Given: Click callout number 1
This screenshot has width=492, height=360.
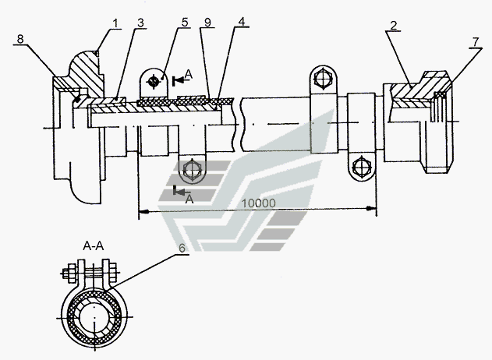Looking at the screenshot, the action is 115,23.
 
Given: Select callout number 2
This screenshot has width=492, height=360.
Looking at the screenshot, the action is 394,26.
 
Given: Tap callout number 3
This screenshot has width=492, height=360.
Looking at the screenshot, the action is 140,23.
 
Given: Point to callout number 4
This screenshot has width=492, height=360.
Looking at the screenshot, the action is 241,22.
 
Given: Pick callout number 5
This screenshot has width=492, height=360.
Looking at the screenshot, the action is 185,23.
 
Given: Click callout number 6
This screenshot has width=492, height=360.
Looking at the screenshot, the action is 182,248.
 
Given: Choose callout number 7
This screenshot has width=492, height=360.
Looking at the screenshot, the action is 476,42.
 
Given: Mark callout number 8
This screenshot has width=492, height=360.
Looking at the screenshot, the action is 20,39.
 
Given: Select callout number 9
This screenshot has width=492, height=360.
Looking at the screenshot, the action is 207,23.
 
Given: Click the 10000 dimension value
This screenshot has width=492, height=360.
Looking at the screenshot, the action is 259,203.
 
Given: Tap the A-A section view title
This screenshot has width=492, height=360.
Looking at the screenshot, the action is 94,246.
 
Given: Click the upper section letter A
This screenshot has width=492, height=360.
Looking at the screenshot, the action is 188,74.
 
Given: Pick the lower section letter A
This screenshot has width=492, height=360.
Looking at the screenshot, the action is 189,199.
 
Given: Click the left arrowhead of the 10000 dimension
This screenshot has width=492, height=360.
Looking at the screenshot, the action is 143,212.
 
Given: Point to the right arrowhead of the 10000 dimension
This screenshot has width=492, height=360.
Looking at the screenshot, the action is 372,208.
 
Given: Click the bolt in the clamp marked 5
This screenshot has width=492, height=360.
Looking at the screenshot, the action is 154,82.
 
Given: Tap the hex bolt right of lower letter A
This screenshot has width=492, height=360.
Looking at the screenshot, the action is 192,171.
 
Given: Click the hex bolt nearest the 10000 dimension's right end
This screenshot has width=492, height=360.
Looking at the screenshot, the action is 362,167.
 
